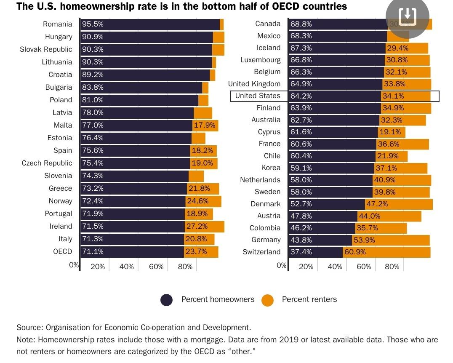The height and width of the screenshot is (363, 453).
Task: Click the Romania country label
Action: pos(57,24)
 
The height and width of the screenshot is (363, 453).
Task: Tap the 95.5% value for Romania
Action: pos(93,24)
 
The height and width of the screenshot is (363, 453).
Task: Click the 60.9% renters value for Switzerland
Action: pos(355,252)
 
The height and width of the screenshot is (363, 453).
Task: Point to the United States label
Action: pos(257,96)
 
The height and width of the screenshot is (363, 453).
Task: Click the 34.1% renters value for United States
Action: pos(393,96)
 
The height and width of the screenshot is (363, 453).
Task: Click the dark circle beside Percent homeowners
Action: pos(167,300)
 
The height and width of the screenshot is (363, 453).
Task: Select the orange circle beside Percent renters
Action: pos(267,300)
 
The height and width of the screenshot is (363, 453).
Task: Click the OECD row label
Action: pos(63,252)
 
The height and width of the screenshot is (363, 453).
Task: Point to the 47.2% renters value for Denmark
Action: pos(377,204)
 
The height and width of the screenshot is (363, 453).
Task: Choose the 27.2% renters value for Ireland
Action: pos(197,227)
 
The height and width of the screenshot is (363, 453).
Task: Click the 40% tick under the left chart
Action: pos(126,267)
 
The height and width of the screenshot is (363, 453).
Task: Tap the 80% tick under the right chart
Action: pos(392,267)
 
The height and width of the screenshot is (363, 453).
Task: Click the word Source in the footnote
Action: pos(29,328)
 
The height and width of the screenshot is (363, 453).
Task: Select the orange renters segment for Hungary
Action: pos(219,37)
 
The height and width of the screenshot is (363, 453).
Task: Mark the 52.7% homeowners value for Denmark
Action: pos(301,204)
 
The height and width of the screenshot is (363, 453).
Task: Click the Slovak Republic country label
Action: pos(46,50)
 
